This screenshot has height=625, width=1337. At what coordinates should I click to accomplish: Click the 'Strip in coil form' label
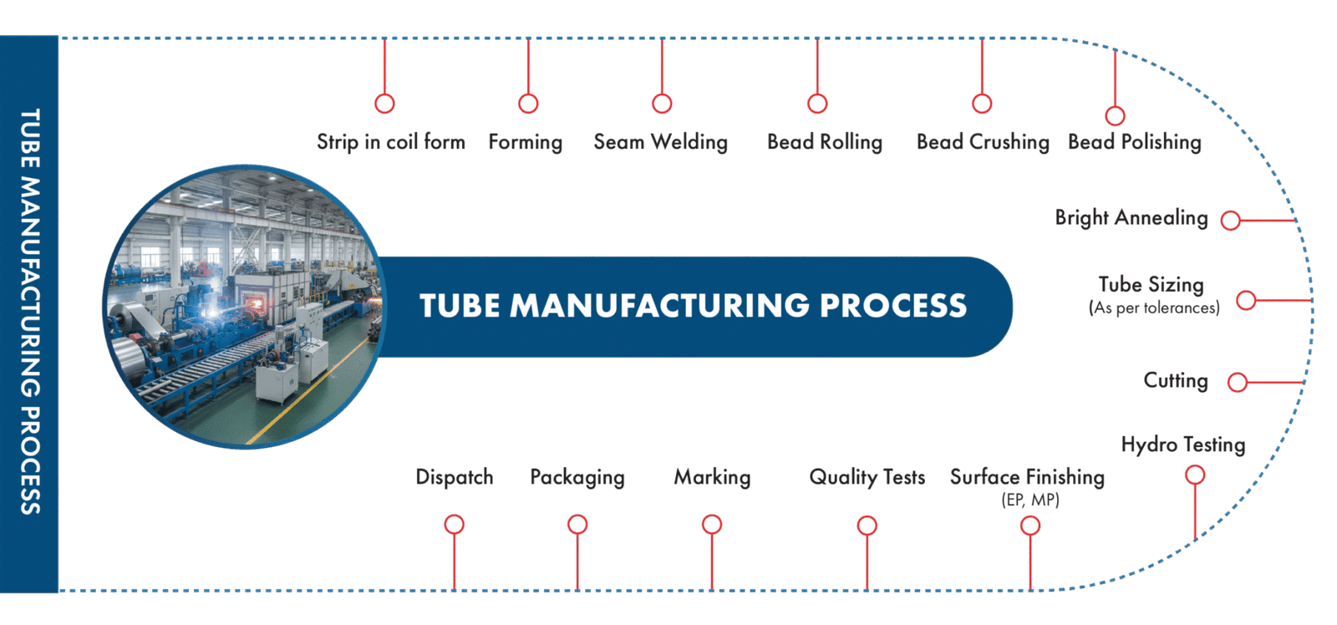click(391, 142)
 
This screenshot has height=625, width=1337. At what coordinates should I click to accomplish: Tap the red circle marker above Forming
click(528, 104)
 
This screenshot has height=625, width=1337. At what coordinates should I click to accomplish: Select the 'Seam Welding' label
click(661, 142)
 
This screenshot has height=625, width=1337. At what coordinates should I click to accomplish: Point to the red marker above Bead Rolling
click(817, 104)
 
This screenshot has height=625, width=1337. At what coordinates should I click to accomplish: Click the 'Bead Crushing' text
click(983, 142)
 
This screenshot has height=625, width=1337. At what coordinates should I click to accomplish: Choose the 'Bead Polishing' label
click(1135, 142)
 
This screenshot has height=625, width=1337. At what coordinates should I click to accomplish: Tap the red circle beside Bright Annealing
click(1229, 221)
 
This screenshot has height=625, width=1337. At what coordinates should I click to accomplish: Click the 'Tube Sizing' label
click(1151, 285)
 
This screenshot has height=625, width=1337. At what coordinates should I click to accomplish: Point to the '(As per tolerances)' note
click(1154, 308)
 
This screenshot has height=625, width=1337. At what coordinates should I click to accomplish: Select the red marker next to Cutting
click(1237, 383)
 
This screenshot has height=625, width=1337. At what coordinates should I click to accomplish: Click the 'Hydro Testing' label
click(1183, 445)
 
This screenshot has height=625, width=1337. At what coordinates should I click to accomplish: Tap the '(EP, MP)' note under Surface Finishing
click(1029, 501)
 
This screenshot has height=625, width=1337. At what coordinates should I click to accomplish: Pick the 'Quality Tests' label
click(867, 477)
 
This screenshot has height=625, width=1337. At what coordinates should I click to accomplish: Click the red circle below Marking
click(711, 525)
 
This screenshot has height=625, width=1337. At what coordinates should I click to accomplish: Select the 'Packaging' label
click(577, 477)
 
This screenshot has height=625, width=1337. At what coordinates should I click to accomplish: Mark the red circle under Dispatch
click(454, 525)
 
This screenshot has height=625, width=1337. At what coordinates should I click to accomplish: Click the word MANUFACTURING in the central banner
click(659, 306)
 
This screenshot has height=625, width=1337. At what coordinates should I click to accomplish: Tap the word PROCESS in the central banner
click(893, 306)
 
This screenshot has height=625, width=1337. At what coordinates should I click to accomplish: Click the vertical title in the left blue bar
click(30, 311)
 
